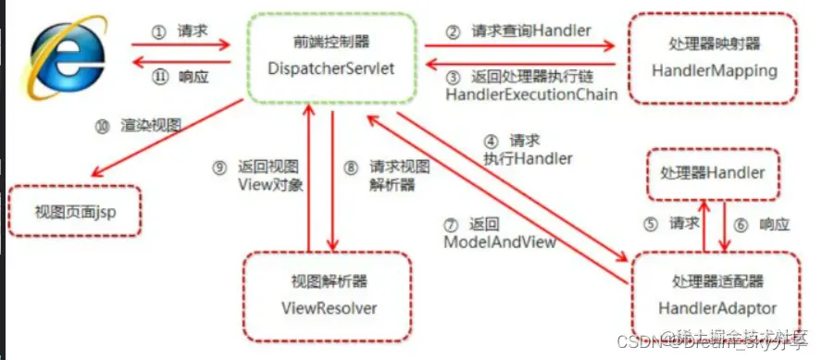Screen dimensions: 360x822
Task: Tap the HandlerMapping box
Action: [x=714, y=57]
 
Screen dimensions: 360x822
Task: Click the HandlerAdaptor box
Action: [x=714, y=294]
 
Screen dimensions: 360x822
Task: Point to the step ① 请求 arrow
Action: [x=181, y=43]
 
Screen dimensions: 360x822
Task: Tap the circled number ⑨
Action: [x=219, y=167]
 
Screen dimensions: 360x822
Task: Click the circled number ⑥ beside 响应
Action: [x=741, y=224]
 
